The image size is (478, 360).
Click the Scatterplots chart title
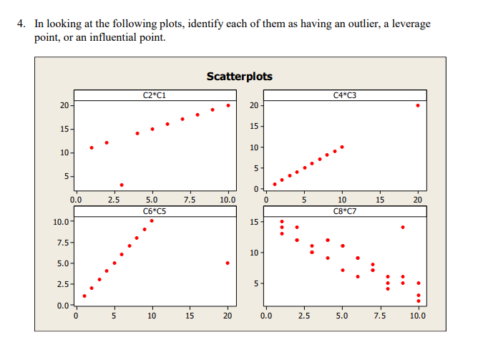(239, 76)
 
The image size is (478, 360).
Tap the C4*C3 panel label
(346, 94)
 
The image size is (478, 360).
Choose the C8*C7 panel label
(346, 210)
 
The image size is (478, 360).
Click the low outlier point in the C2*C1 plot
(122, 185)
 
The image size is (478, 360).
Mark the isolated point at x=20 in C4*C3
(418, 105)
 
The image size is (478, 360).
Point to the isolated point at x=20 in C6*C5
(228, 263)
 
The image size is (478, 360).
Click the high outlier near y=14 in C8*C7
(403, 227)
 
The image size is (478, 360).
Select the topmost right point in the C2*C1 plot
(228, 105)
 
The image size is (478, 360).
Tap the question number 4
(21, 24)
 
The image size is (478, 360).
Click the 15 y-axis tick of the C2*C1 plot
(64, 129)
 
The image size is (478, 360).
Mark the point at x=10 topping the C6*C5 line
(152, 220)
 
